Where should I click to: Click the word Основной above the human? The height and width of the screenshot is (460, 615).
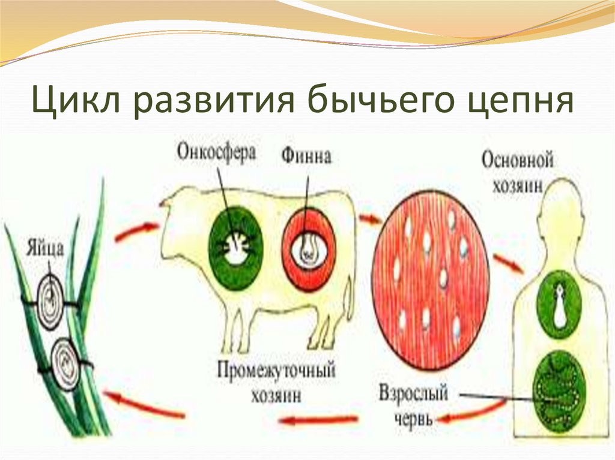point(517,161)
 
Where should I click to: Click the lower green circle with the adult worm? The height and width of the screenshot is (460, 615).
point(559,390)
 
